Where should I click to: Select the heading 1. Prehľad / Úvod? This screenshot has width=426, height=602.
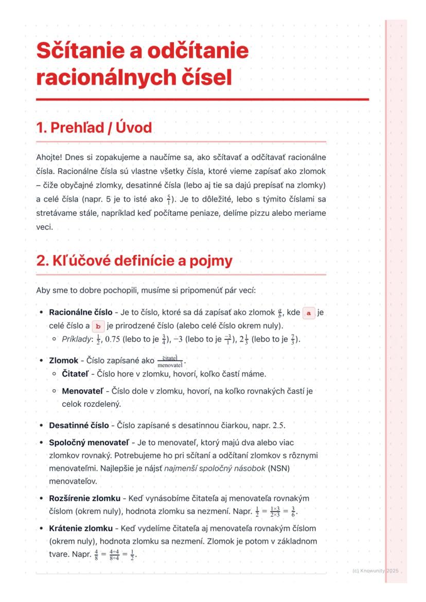(x=94, y=127)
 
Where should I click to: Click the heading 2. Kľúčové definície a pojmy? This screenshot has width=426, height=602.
(x=134, y=261)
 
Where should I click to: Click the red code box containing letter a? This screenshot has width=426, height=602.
(x=309, y=313)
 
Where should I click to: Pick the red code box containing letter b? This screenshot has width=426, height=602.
(x=98, y=326)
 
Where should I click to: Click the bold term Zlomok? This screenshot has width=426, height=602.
(x=64, y=360)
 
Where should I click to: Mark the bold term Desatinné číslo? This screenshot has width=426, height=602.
(x=79, y=425)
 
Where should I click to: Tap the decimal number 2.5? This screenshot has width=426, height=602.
(x=279, y=426)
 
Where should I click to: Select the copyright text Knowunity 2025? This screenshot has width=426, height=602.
(x=379, y=571)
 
